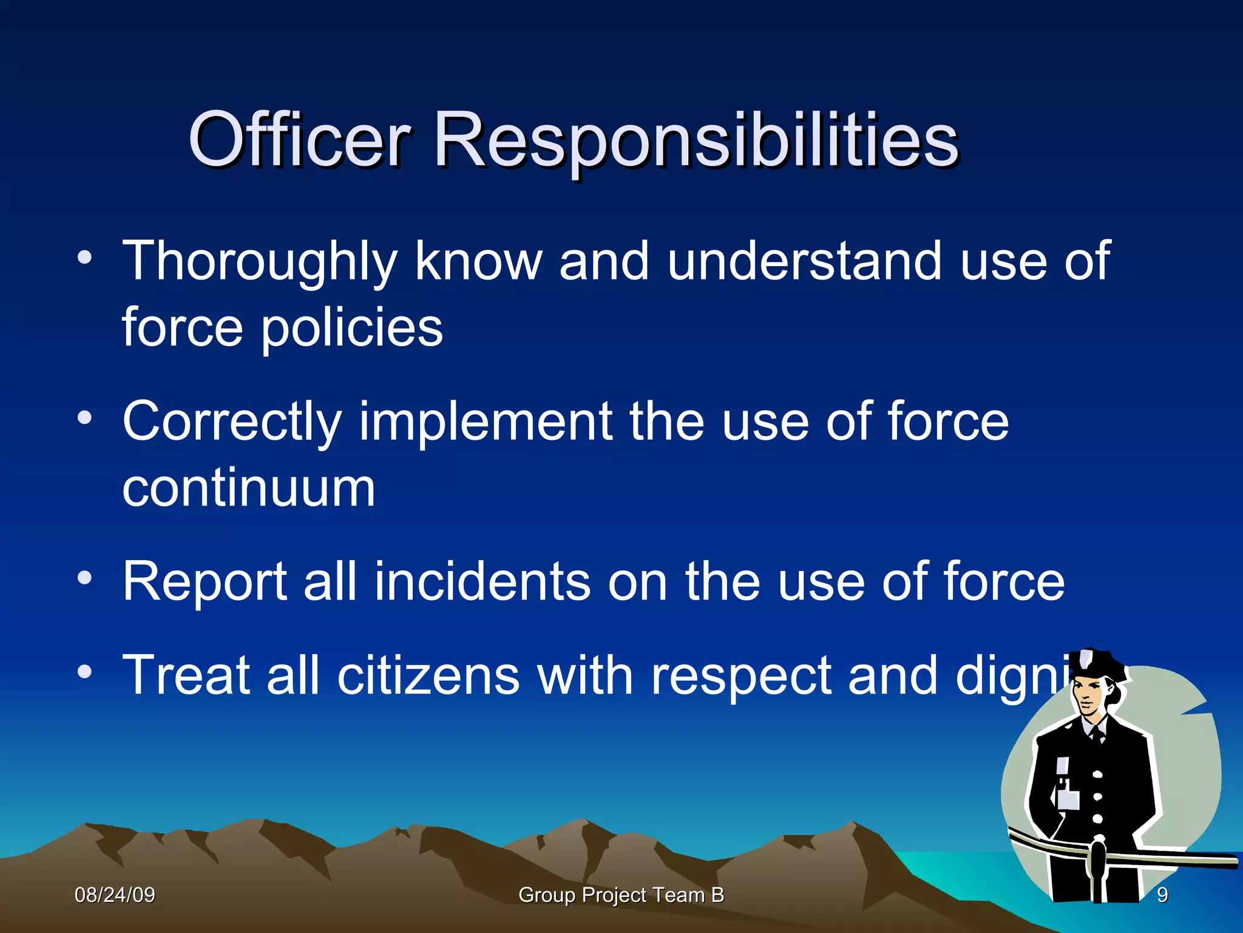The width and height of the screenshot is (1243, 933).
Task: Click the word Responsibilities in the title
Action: click(x=696, y=141)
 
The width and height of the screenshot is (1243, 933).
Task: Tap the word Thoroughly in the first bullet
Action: click(x=260, y=262)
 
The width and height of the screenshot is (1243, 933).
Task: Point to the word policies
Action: click(x=351, y=329)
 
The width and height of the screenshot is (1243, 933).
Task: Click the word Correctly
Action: click(x=232, y=423)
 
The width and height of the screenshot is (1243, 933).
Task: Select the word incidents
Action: click(x=482, y=582)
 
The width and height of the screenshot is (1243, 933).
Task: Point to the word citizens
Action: click(x=428, y=675)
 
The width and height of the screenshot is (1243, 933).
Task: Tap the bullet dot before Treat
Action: click(x=85, y=672)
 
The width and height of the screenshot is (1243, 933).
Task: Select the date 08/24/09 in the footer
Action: click(x=115, y=895)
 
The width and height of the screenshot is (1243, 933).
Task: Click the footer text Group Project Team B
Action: click(x=621, y=895)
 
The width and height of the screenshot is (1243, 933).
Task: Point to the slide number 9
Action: click(x=1162, y=895)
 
